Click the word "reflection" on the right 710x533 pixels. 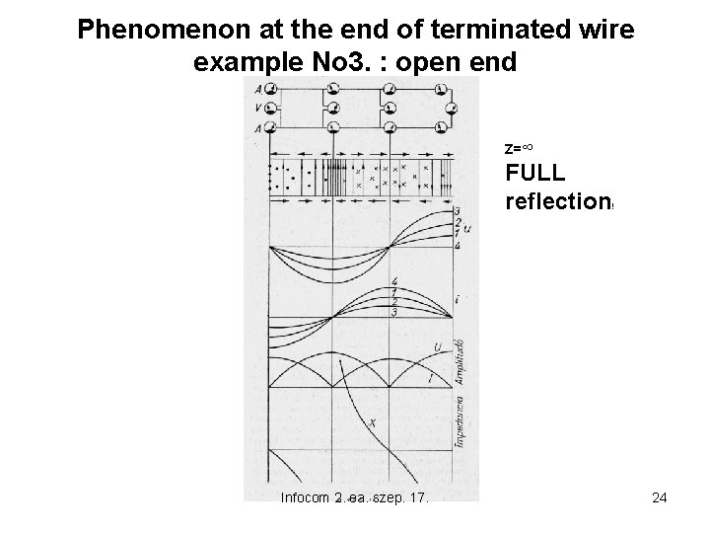pos(557,203)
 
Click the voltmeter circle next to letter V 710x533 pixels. pos(271,108)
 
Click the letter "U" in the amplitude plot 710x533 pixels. pos(436,347)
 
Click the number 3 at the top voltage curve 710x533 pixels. pos(458,211)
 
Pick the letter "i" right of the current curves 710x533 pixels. pos(461,296)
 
